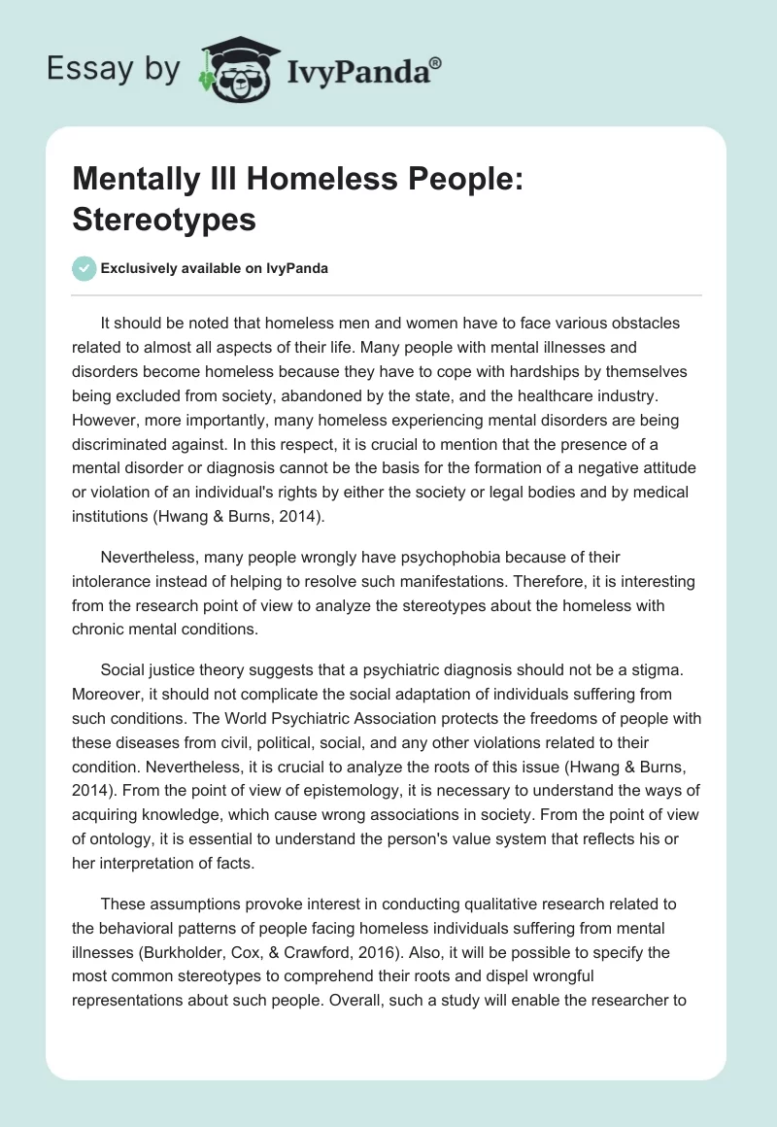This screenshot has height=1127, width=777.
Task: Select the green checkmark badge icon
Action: pyautogui.click(x=84, y=268)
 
